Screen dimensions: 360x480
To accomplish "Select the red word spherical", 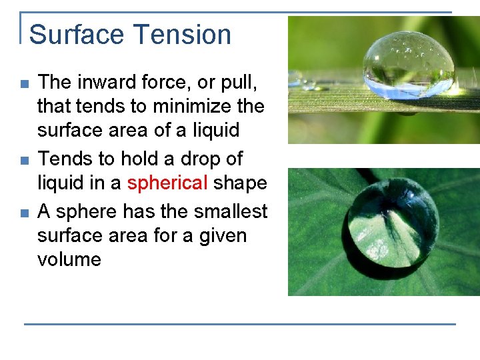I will click(x=167, y=183).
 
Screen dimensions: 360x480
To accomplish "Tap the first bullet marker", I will click(x=24, y=85).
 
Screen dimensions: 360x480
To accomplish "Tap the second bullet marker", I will click(x=24, y=161).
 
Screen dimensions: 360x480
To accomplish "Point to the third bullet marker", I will click(x=24, y=213).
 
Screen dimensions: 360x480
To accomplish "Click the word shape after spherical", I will click(x=240, y=183).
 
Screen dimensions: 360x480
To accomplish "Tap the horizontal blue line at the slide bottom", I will click(x=240, y=324).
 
